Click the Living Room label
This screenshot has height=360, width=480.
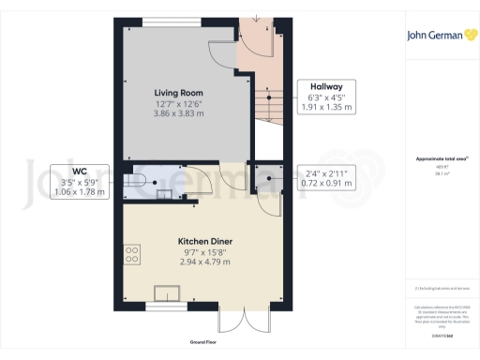[x=178, y=92]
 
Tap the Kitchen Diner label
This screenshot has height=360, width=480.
[x=205, y=241]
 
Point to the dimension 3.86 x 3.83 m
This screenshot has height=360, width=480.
[x=178, y=112]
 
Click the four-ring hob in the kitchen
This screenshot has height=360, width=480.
[x=131, y=252]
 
